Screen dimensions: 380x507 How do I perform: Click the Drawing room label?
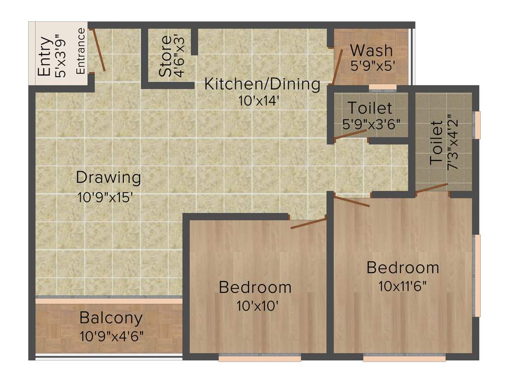click(x=108, y=177)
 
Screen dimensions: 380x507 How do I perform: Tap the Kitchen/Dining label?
click(x=262, y=84)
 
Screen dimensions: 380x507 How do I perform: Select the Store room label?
click(x=166, y=56)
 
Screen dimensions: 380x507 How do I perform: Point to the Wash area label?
click(x=371, y=50)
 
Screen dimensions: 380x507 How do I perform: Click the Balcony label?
click(x=111, y=318)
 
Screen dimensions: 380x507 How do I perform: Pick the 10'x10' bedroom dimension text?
click(x=255, y=305)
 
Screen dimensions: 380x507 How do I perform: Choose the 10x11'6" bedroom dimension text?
click(x=403, y=286)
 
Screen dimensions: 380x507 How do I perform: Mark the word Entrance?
click(x=81, y=51)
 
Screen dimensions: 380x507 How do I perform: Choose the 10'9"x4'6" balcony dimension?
click(x=111, y=336)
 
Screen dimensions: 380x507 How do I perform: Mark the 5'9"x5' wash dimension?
click(x=372, y=66)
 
